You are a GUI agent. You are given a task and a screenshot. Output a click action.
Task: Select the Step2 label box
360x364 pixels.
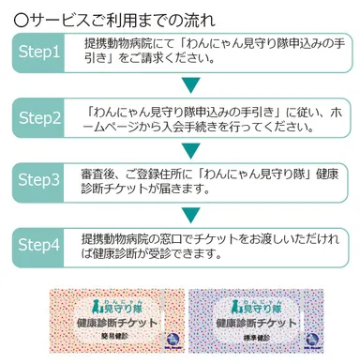click(39, 118)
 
